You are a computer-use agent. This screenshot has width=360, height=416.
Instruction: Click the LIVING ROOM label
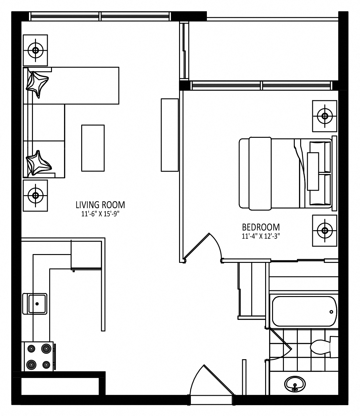(x=100, y=205)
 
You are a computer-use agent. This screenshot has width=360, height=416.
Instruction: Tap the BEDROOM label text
(x=261, y=227)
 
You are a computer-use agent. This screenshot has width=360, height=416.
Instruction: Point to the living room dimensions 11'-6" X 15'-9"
(x=100, y=214)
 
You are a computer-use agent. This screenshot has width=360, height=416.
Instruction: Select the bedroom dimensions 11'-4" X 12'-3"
(x=261, y=236)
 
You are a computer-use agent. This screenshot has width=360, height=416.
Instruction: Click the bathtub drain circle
(x=331, y=312)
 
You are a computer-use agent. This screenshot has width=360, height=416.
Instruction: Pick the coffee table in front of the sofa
(x=93, y=148)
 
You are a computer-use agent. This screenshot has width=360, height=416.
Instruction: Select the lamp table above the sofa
(x=35, y=50)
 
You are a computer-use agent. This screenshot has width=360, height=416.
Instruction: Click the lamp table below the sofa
(x=35, y=195)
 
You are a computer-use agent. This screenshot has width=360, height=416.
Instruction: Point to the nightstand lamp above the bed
(x=325, y=116)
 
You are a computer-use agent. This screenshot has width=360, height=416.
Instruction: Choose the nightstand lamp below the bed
(x=325, y=231)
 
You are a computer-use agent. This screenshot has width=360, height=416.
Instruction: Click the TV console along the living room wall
(x=170, y=135)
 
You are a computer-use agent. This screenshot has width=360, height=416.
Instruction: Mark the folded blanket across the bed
(x=260, y=173)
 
